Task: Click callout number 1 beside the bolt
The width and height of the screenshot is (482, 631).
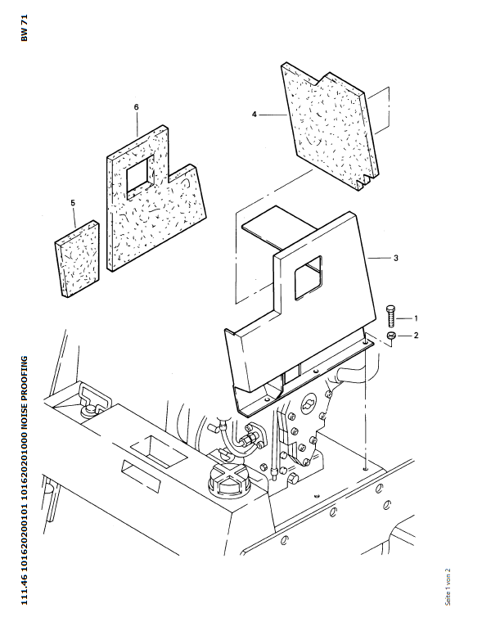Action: [416, 318]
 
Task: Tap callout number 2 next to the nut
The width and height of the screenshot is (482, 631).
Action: [416, 335]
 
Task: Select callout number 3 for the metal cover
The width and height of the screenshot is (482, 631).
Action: [395, 258]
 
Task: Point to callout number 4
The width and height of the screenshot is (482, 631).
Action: [255, 115]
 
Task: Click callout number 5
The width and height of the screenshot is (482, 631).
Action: [73, 203]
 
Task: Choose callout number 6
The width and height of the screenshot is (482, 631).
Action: [137, 107]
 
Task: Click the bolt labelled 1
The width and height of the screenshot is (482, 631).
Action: [391, 316]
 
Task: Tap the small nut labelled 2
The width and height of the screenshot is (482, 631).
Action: [390, 336]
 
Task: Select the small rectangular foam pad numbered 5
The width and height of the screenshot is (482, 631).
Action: [77, 259]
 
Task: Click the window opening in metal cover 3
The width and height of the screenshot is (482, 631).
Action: [309, 277]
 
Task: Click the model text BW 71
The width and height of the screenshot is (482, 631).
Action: [25, 28]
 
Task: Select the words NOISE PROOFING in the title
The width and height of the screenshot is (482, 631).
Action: [25, 390]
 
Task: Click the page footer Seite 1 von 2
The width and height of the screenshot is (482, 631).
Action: [448, 587]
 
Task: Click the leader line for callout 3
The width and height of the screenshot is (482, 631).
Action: [379, 258]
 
